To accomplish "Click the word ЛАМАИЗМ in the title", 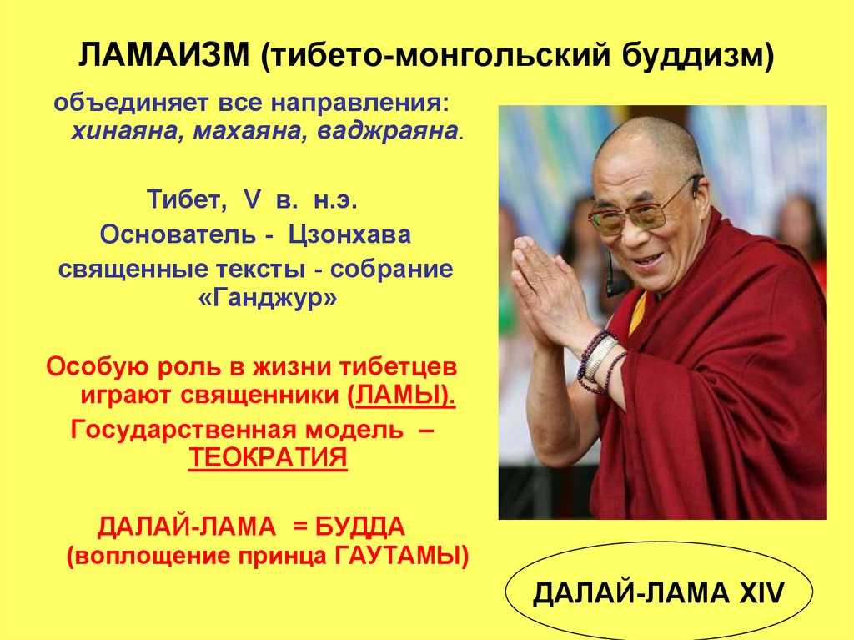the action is (x=164, y=55).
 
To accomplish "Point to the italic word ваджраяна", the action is (x=387, y=131).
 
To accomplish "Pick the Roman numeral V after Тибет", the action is (x=251, y=200).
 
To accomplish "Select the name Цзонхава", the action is (x=349, y=234).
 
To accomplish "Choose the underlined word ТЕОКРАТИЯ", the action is (x=268, y=456).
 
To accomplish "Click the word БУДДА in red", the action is (x=359, y=527).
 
